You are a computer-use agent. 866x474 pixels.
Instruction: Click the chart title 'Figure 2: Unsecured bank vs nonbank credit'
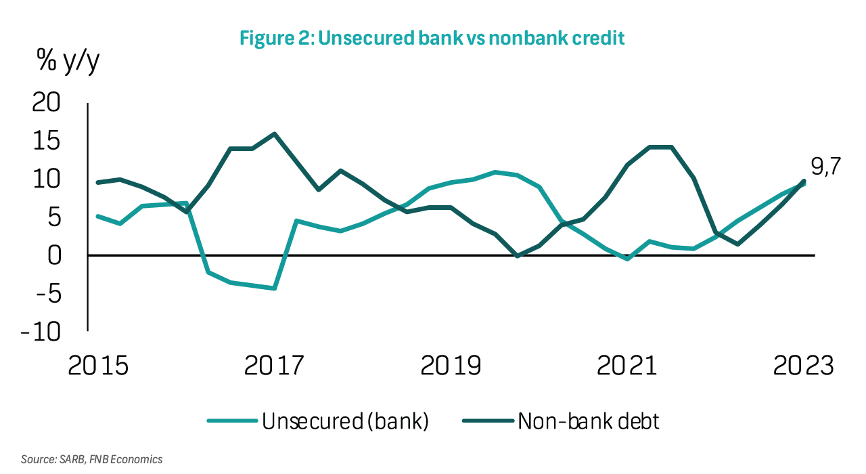pos(432,38)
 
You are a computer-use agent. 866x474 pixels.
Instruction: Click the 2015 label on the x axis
pos(99,366)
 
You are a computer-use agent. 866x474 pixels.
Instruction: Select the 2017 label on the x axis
pos(275,366)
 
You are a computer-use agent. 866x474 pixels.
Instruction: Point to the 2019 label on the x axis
pos(451,366)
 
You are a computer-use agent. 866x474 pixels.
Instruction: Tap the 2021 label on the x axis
pos(627,366)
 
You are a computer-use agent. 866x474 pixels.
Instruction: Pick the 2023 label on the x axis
pos(803,366)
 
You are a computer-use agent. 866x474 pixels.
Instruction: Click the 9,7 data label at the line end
pos(825,167)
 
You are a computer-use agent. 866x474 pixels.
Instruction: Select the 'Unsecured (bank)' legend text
pos(345,422)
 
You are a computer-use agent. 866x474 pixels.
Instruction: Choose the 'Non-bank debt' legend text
pos(588,422)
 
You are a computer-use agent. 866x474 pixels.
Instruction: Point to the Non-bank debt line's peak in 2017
pos(275,133)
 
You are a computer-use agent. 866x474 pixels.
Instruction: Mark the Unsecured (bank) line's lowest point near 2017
pos(275,288)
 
